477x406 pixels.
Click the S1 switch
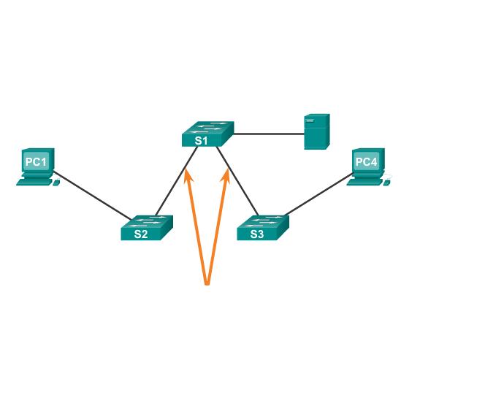click(x=207, y=134)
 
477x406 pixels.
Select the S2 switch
click(x=146, y=228)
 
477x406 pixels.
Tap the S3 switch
click(x=262, y=228)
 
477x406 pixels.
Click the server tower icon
click(x=316, y=131)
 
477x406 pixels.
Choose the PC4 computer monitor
click(x=367, y=161)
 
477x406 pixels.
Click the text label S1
click(x=201, y=139)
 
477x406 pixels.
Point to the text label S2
click(x=140, y=234)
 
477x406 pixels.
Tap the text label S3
click(x=256, y=234)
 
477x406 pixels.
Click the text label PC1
click(x=36, y=161)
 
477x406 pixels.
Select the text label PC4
click(x=366, y=161)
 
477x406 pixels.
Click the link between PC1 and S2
click(x=91, y=195)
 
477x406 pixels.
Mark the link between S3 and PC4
click(x=318, y=195)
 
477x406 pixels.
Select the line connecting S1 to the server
click(x=268, y=134)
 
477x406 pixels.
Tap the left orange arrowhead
click(x=188, y=175)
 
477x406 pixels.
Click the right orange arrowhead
click(x=226, y=175)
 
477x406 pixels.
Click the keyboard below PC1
click(x=34, y=182)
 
